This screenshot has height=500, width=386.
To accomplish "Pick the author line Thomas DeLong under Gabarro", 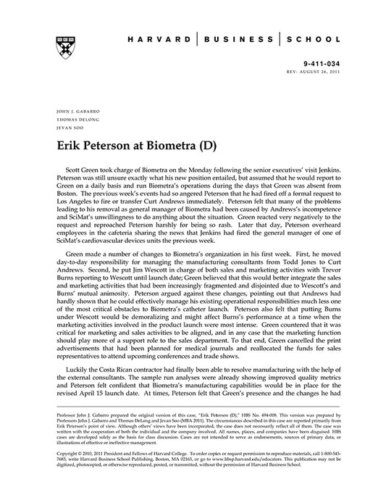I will coord(71,120).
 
